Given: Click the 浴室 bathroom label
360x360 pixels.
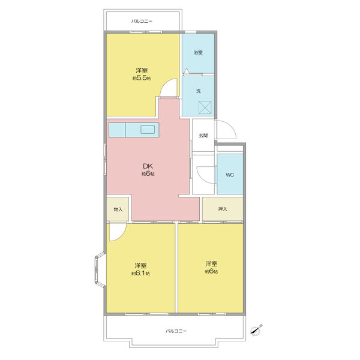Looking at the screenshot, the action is pos(198,52).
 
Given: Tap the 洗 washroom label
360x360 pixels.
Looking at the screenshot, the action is pos(199,91).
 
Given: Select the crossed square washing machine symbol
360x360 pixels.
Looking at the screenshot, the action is pos(205,107).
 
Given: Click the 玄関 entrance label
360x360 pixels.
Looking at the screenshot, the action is pos(203,136).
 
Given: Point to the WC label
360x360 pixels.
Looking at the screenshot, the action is pos(230,175).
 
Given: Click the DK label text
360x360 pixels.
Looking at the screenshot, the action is pos(148,166).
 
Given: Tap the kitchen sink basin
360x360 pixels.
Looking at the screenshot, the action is pos(148,130).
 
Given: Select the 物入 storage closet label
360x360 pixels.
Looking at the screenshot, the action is pos(118,209).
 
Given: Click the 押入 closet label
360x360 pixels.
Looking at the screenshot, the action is pos(223,209).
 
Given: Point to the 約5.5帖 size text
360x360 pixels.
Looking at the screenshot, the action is pos(142,78).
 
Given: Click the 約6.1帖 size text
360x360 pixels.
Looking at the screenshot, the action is pos(141,274).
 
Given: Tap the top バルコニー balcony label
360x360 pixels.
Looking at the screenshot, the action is pos(142,21).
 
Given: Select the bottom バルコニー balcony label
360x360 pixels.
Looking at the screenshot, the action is pos(176,331).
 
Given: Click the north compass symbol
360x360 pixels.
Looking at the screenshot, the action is pos(256,329).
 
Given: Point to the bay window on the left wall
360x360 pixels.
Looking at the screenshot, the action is pos(100,269).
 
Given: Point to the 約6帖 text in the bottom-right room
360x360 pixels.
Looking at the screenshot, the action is pos(211,271).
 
